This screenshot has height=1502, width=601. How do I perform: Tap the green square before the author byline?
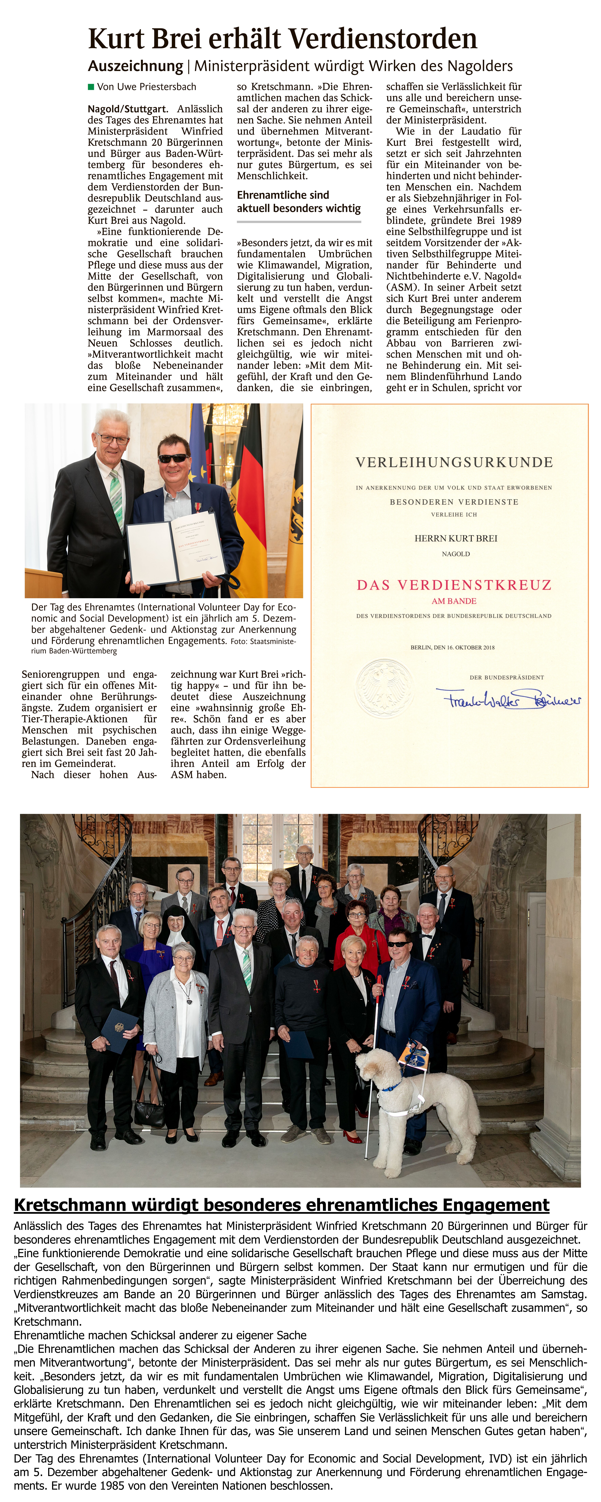(x=91, y=87)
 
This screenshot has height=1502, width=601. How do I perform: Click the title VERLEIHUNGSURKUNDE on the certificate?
(x=454, y=462)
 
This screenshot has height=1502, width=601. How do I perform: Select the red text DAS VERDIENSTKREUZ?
(x=454, y=585)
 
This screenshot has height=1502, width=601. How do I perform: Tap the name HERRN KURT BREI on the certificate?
(x=456, y=538)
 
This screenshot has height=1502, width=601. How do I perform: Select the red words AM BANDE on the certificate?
(x=454, y=601)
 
